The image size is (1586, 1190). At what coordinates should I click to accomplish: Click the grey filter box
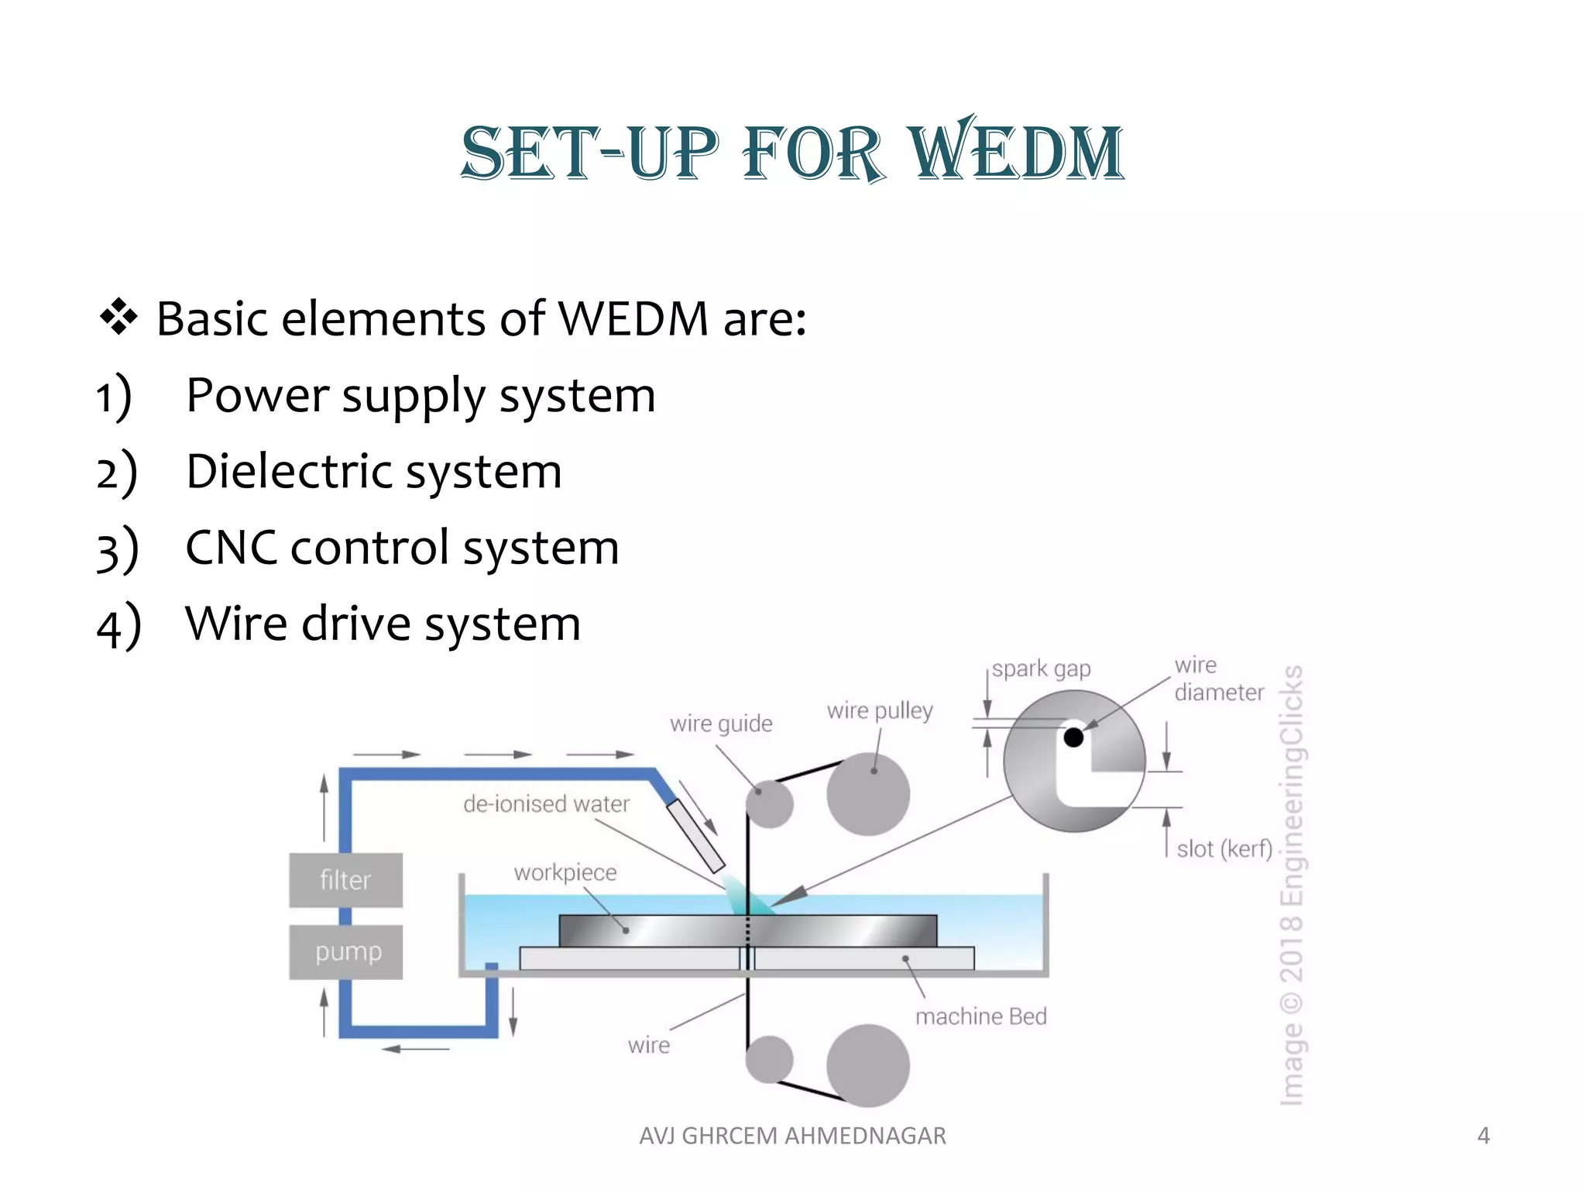tap(345, 880)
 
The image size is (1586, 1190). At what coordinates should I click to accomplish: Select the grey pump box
tap(346, 951)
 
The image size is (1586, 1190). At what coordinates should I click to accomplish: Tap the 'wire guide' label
tap(721, 724)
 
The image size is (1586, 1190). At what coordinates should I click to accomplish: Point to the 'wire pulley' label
tap(880, 710)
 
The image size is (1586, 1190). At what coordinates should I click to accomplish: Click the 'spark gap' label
tap(1042, 669)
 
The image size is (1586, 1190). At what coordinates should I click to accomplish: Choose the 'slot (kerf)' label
tap(1224, 849)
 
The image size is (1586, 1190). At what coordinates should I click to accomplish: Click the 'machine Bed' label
tap(980, 1016)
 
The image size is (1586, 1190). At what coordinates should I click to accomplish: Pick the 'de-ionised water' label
tap(546, 804)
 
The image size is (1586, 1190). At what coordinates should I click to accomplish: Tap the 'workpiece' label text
tap(565, 872)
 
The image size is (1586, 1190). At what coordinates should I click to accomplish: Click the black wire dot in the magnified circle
tap(1073, 737)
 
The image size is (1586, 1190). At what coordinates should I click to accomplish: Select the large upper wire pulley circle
tap(868, 794)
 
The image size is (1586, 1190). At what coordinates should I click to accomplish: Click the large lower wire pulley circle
tap(868, 1065)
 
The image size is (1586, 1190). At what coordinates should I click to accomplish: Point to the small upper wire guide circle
tap(770, 803)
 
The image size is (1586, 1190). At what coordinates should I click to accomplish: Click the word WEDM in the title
tap(1016, 152)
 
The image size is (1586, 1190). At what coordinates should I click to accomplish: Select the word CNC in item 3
tap(231, 548)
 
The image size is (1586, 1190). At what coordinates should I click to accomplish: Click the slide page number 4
tap(1483, 1136)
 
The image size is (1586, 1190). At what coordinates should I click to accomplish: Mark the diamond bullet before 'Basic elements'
tap(118, 318)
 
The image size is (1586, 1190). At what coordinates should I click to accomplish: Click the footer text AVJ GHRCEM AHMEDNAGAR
tap(792, 1136)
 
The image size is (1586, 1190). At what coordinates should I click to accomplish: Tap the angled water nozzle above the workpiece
tap(695, 835)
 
